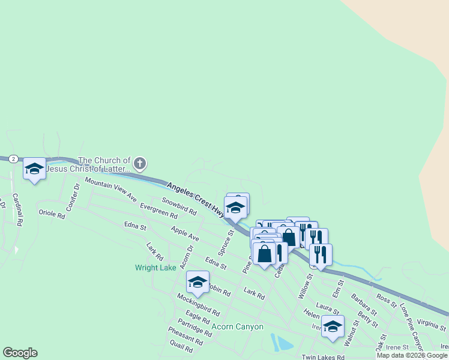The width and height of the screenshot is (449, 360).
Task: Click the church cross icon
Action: [x=139, y=163]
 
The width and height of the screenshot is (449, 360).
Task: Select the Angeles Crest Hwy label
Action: [x=196, y=199]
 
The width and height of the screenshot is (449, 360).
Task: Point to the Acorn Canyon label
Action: [x=238, y=327]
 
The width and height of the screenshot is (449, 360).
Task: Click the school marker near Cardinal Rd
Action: [x=34, y=169]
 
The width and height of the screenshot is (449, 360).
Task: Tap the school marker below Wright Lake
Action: [x=197, y=281]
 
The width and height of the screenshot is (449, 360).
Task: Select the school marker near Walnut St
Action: [x=333, y=326]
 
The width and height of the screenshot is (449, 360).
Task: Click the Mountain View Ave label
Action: [x=110, y=189]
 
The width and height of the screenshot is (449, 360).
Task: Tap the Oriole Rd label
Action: [x=51, y=214]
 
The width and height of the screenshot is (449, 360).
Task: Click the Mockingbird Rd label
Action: [x=198, y=305]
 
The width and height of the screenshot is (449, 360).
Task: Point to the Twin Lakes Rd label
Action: [x=323, y=357]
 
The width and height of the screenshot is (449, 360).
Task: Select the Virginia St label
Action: [x=432, y=325]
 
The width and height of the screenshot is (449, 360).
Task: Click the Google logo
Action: [x=20, y=353]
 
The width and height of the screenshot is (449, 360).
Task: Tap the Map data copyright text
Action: [x=412, y=355]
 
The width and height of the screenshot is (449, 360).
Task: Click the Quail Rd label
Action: [x=181, y=346]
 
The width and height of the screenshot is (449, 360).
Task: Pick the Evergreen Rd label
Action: [x=158, y=211]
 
